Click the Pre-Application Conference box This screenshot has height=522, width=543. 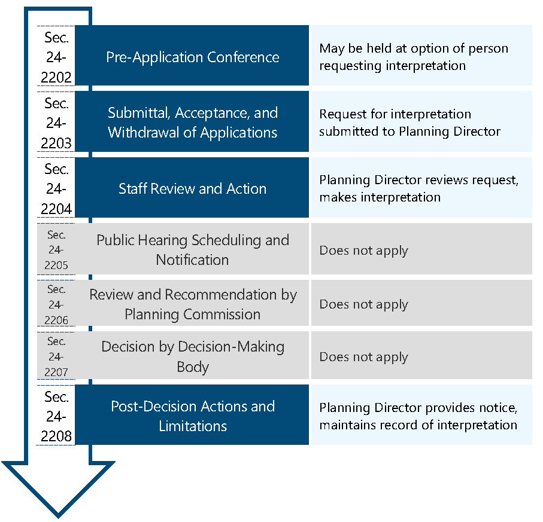coord(192,57)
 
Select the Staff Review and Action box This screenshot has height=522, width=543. coord(192,188)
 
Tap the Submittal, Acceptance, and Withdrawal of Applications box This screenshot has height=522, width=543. coord(192,122)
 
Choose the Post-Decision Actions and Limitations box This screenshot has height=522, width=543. coord(192,416)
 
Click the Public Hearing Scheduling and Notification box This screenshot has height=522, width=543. coord(192,249)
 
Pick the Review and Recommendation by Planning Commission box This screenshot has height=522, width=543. coord(192,304)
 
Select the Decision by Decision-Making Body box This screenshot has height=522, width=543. coord(192,356)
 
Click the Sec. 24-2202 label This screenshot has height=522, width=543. coord(57,57)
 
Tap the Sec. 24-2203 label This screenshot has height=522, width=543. coord(57,123)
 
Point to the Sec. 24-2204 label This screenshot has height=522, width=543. coord(57,188)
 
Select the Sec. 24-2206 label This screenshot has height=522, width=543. coord(56,304)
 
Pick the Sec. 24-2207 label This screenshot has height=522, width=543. coord(56,356)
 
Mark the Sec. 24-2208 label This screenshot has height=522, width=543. coord(57,416)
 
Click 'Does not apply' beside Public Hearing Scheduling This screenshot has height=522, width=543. coord(363,251)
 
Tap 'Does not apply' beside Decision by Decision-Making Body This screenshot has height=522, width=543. coord(363,357)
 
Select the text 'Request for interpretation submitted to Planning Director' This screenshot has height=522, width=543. coord(409,123)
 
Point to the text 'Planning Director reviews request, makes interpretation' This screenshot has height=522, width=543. coord(418,188)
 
